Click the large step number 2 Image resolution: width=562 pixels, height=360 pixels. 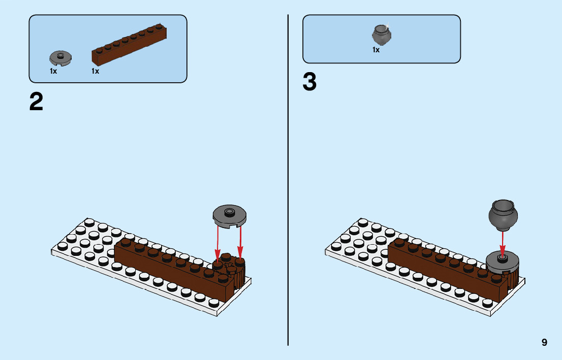(37, 102)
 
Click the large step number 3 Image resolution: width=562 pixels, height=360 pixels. (309, 82)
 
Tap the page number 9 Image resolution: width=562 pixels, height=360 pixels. (544, 342)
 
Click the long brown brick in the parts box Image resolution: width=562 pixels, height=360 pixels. (130, 45)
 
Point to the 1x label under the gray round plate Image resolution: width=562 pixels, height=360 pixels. (53, 72)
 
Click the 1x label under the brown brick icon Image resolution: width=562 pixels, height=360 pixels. (95, 72)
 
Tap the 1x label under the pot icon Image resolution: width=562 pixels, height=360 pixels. (376, 50)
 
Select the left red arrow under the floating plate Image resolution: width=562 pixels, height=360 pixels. (218, 242)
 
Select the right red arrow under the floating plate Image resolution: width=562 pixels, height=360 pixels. (240, 242)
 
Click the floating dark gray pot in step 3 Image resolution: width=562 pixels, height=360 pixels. (503, 214)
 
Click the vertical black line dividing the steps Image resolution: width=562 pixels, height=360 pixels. (288, 178)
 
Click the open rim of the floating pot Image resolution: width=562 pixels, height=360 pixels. (503, 206)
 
